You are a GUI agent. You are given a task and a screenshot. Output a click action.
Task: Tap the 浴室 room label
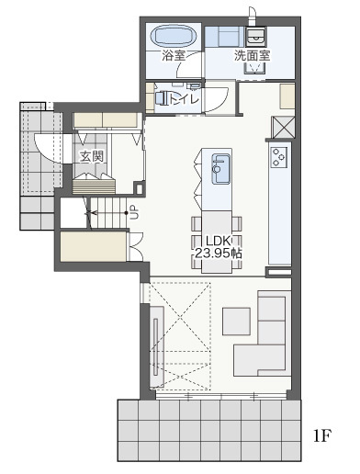click(174, 56)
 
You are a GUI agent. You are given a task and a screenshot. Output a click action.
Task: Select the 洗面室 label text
click(253, 55)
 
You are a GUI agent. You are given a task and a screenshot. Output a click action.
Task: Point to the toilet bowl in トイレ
click(161, 98)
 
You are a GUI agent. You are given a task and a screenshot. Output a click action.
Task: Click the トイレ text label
click(183, 99)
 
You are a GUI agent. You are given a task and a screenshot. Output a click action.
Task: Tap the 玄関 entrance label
click(92, 156)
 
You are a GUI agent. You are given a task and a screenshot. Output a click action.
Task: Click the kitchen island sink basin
click(220, 169)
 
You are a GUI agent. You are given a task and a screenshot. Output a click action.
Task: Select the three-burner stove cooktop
click(279, 157)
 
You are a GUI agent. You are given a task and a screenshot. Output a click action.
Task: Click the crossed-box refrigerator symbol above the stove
click(283, 128)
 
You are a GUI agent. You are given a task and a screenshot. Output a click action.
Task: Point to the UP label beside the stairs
click(134, 212)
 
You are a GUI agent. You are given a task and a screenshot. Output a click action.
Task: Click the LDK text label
click(219, 241)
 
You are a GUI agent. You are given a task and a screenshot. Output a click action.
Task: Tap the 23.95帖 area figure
click(219, 254)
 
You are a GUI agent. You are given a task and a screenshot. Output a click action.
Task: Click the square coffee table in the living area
click(236, 322)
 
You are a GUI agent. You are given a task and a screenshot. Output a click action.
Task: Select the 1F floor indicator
click(322, 435)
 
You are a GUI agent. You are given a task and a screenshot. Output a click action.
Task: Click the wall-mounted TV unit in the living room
click(156, 346)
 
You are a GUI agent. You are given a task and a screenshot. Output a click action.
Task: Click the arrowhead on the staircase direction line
click(93, 212)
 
